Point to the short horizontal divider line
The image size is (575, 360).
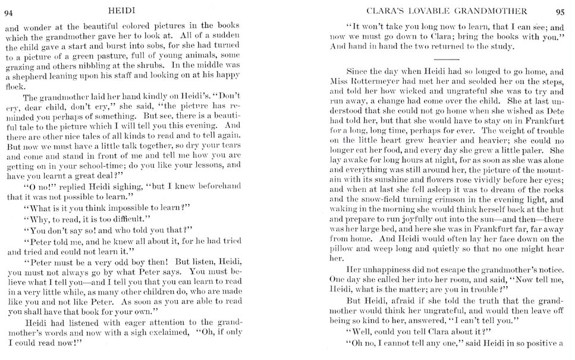[447, 60]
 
